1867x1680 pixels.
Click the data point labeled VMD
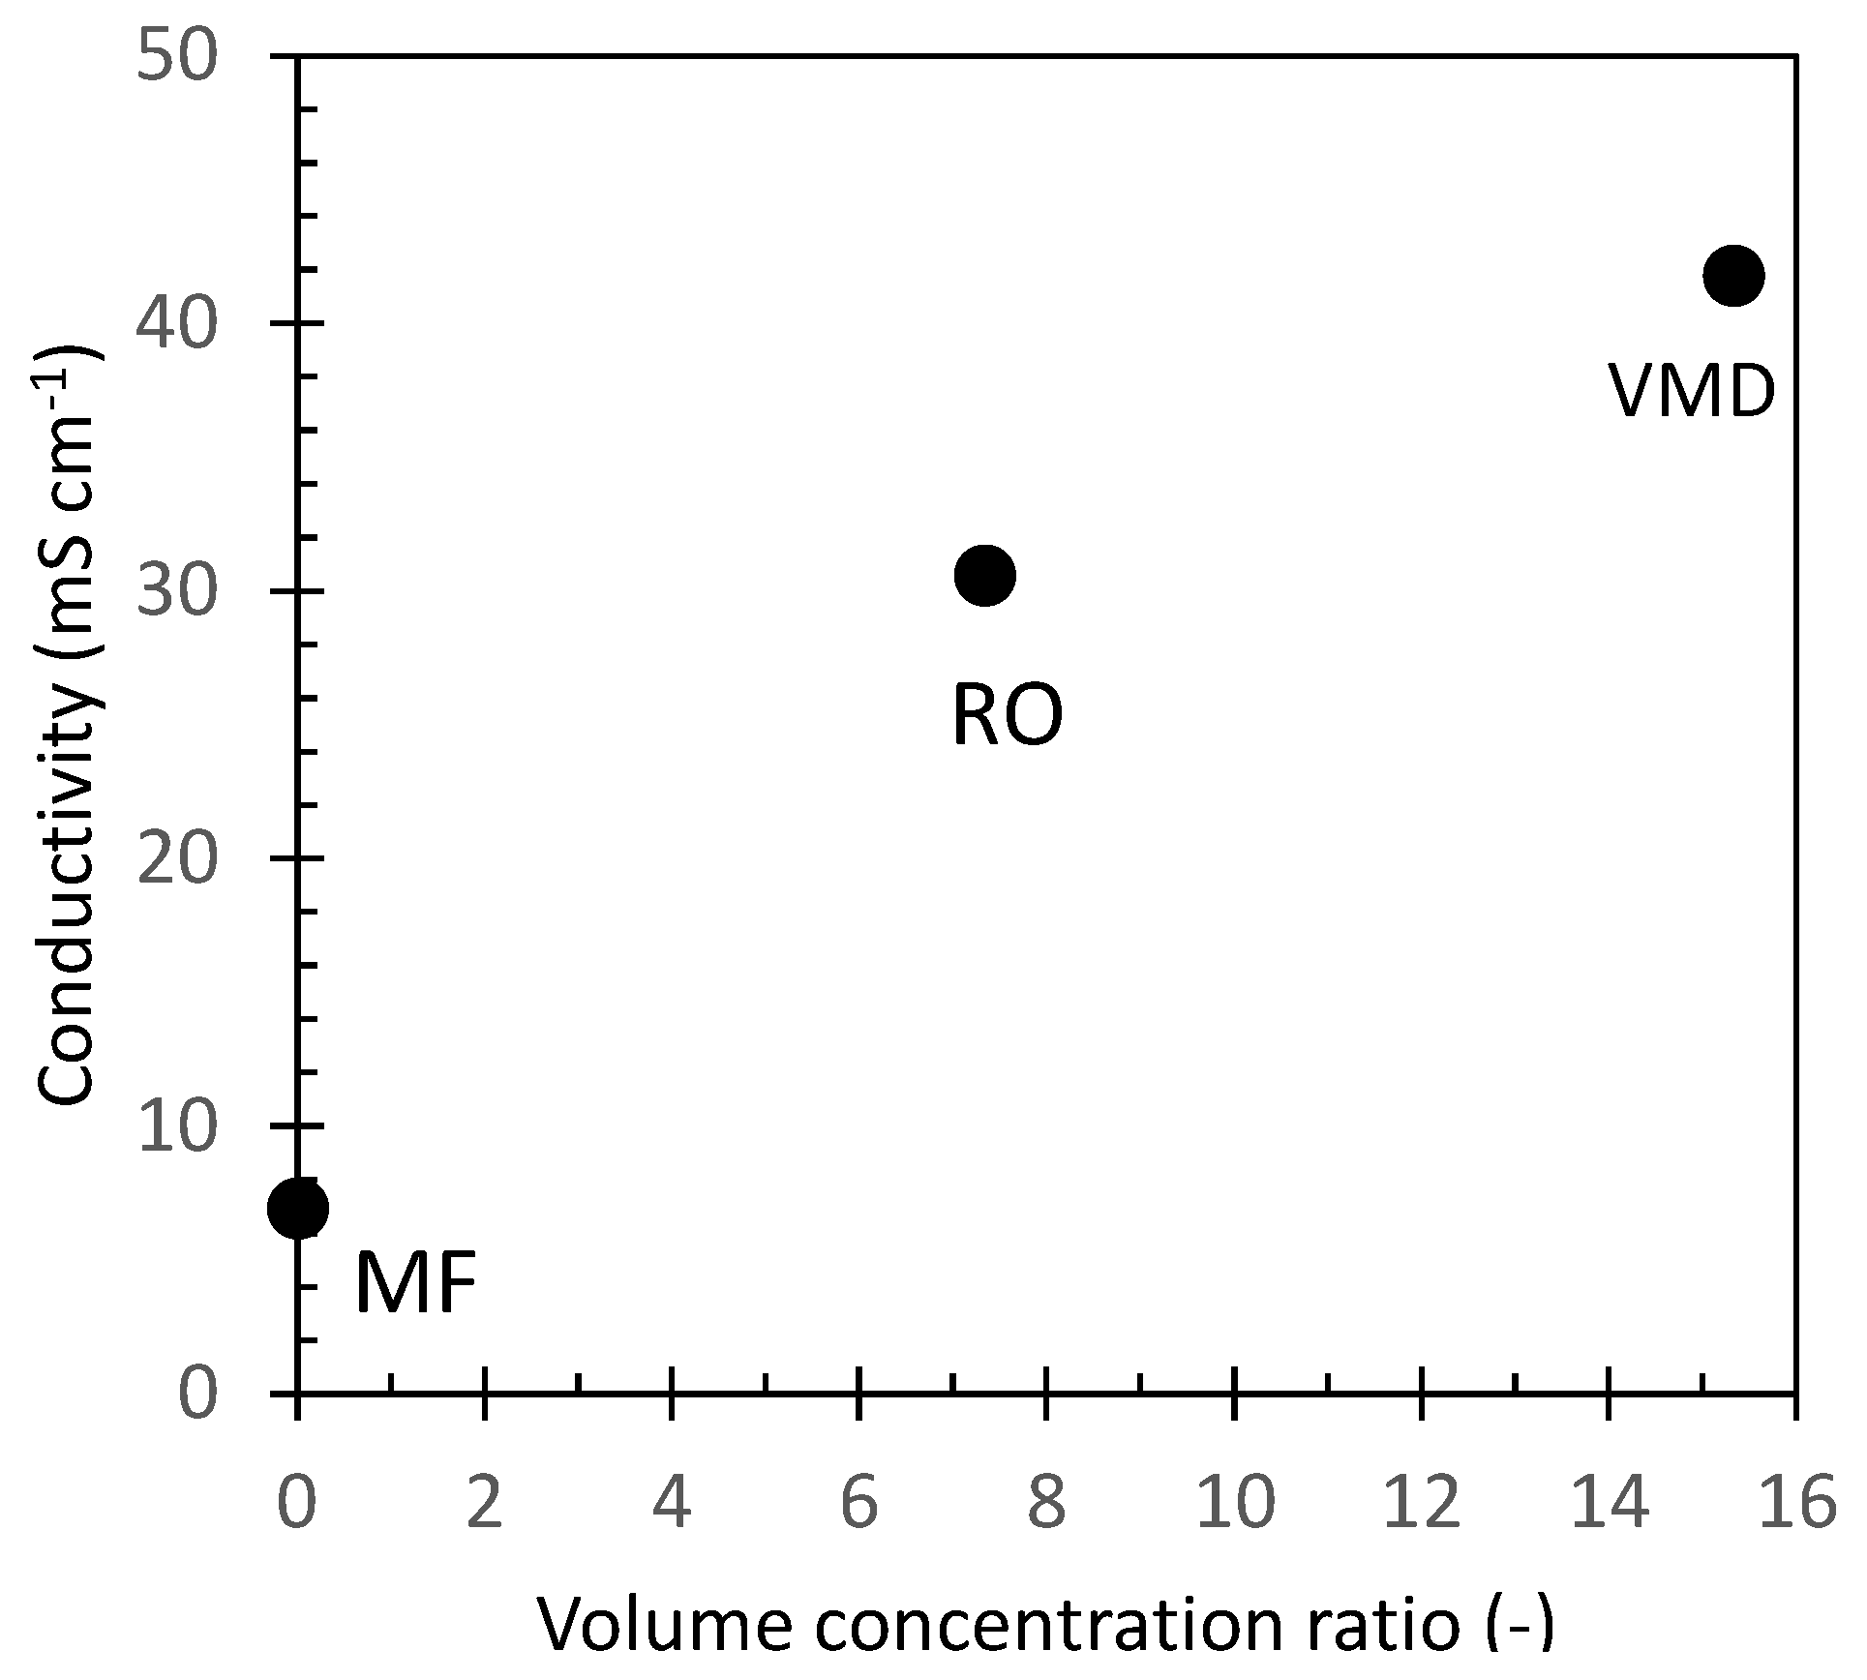pyautogui.click(x=1733, y=276)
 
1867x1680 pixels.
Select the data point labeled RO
pyautogui.click(x=984, y=575)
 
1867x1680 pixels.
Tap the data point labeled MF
pyautogui.click(x=298, y=1209)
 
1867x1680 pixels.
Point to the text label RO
pyautogui.click(x=1008, y=717)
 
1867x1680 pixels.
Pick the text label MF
pyautogui.click(x=416, y=1284)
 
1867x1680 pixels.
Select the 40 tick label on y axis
pyautogui.click(x=177, y=323)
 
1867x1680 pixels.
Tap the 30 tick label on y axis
pyautogui.click(x=177, y=592)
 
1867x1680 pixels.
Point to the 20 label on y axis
pyautogui.click(x=177, y=858)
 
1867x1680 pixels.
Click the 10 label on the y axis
pyautogui.click(x=177, y=1126)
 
